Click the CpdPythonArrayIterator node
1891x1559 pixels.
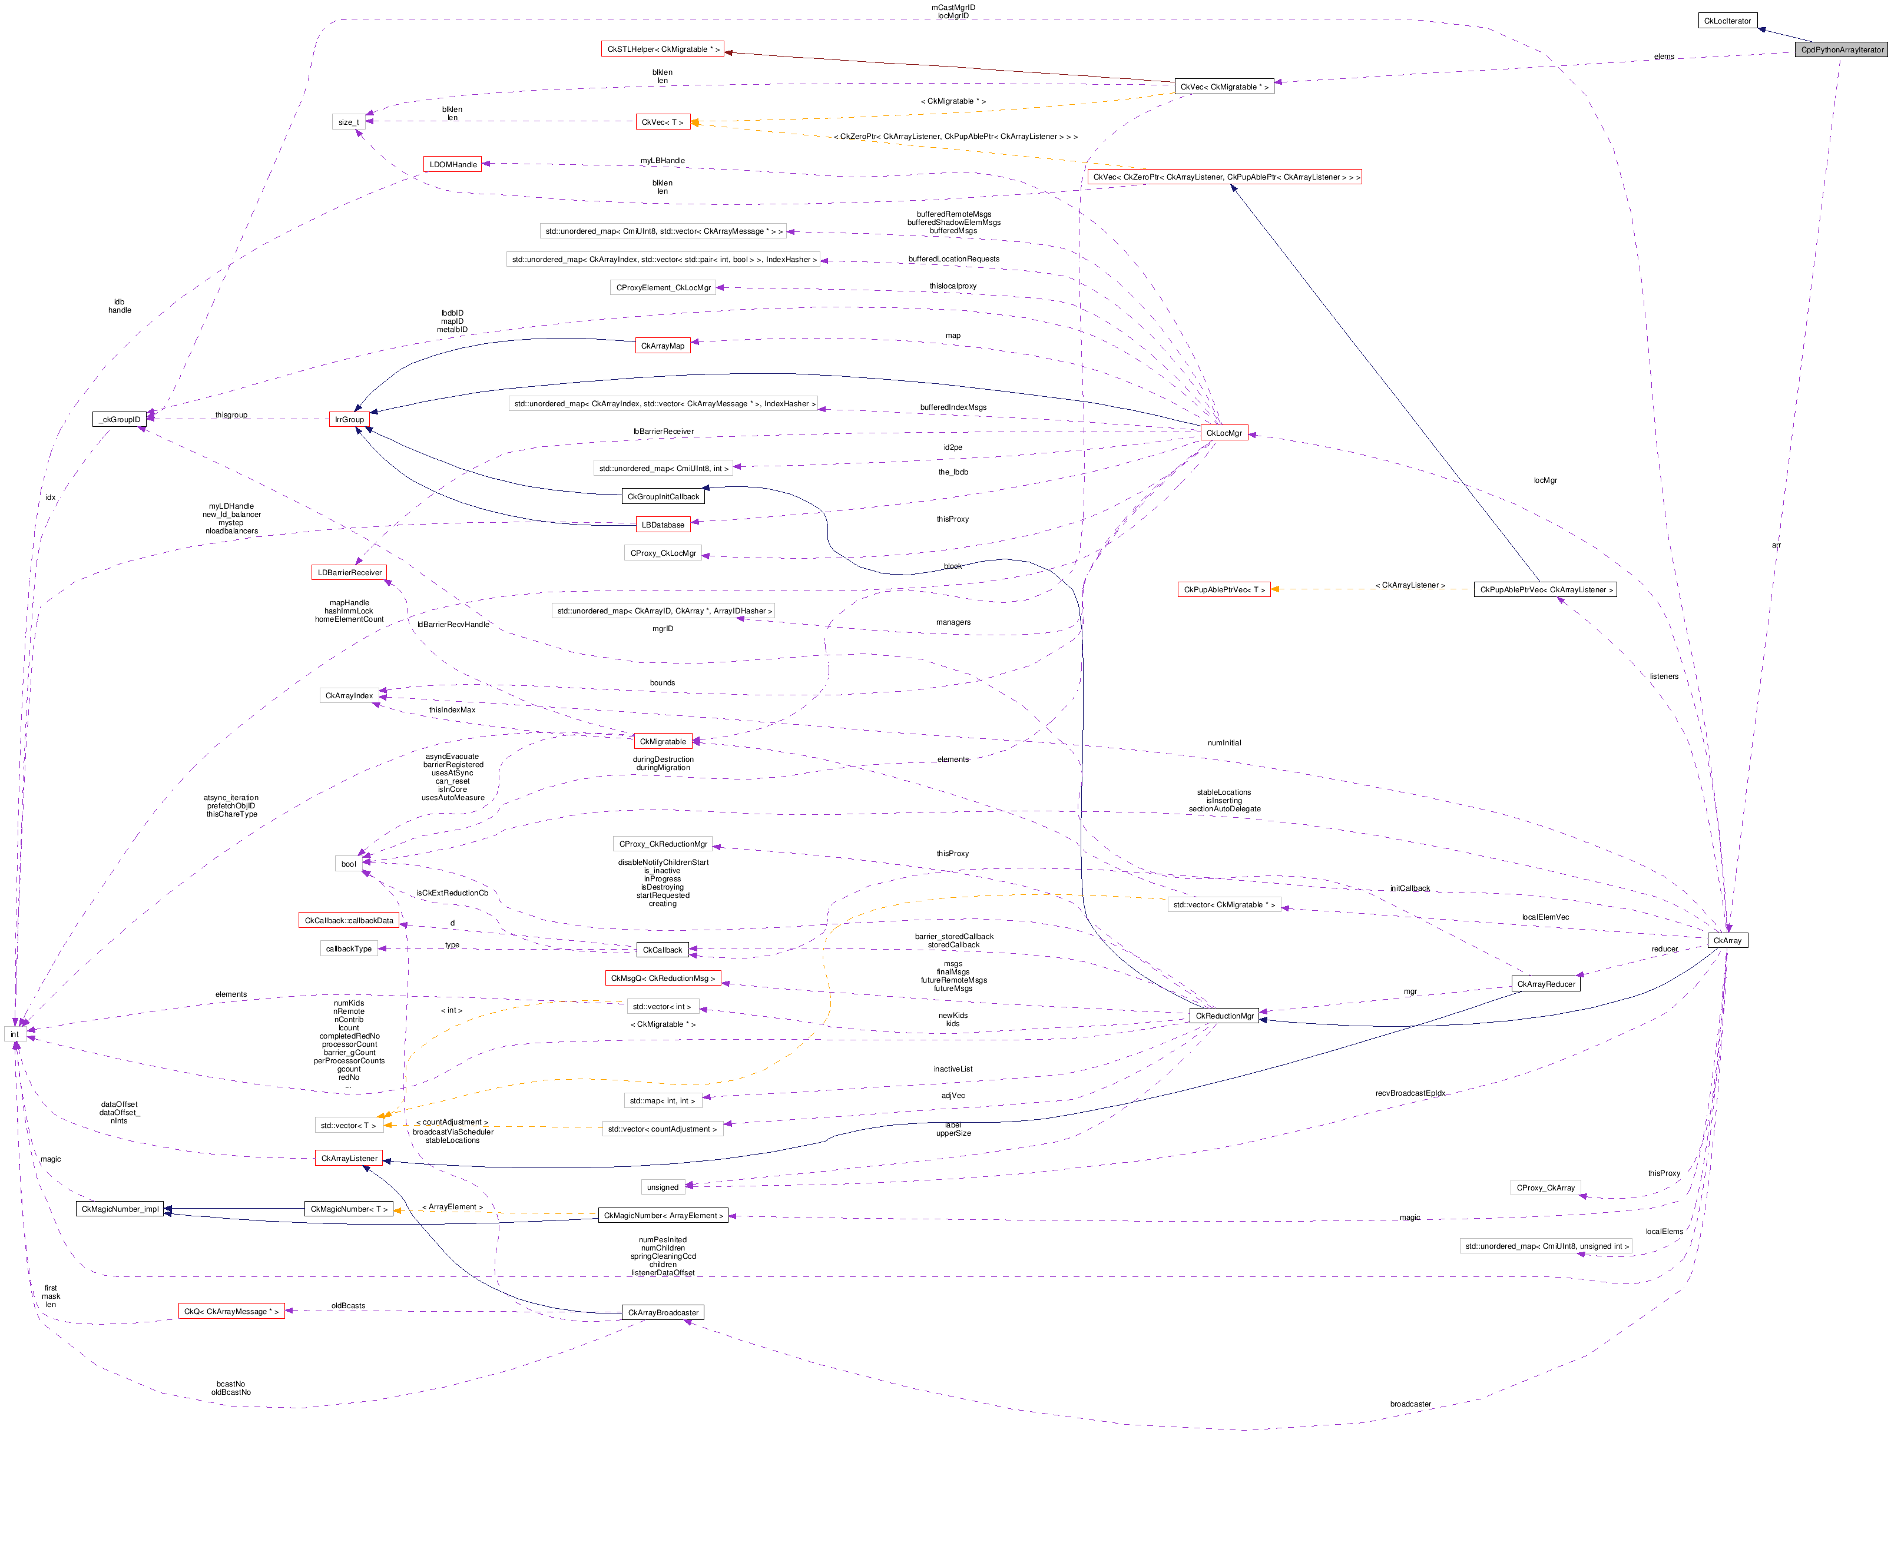point(1842,49)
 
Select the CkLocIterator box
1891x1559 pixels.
point(1727,21)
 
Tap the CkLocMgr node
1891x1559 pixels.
point(1224,433)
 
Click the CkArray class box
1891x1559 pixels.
point(1727,940)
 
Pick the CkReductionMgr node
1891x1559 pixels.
point(1224,1016)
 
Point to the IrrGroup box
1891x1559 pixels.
point(349,419)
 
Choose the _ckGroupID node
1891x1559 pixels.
point(120,419)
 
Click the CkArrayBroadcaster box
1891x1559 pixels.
point(663,1312)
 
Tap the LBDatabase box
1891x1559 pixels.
point(663,525)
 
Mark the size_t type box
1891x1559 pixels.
point(349,122)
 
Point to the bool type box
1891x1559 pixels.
point(349,864)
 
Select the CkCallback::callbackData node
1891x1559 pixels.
point(349,920)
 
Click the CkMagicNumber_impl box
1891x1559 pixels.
point(120,1209)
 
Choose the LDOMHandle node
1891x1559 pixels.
point(453,164)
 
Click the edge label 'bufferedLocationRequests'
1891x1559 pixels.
point(953,258)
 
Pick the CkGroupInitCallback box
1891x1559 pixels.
point(663,497)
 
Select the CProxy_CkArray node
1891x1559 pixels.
point(1545,1188)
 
